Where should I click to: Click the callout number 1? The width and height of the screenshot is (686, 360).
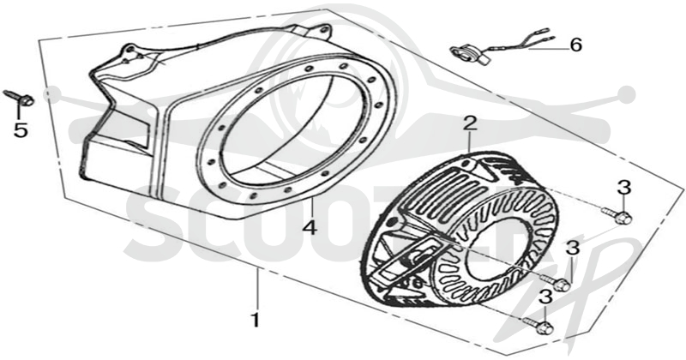point(256,321)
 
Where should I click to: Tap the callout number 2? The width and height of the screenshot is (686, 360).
point(469,123)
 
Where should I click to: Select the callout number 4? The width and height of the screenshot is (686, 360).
point(310,227)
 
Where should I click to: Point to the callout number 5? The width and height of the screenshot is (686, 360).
point(21,130)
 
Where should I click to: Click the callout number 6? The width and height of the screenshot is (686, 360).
point(576,45)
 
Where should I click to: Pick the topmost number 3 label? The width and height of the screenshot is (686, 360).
point(624,188)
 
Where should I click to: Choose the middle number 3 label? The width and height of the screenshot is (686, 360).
point(573,249)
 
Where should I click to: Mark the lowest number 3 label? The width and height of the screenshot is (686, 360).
point(545,297)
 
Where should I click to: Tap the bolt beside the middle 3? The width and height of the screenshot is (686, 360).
point(555,282)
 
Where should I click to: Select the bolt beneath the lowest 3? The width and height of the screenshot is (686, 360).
point(537,325)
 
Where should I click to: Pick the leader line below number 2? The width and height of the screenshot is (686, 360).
point(469,142)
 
